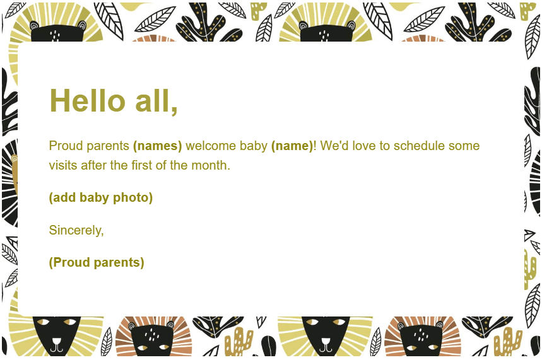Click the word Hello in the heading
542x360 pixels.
point(87,101)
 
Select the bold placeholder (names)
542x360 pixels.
point(157,146)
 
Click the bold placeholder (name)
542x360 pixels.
point(292,146)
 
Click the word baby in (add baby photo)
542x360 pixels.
point(93,198)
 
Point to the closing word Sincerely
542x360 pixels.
point(76,231)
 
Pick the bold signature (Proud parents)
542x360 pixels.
point(97,263)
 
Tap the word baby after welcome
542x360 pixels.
point(253,146)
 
